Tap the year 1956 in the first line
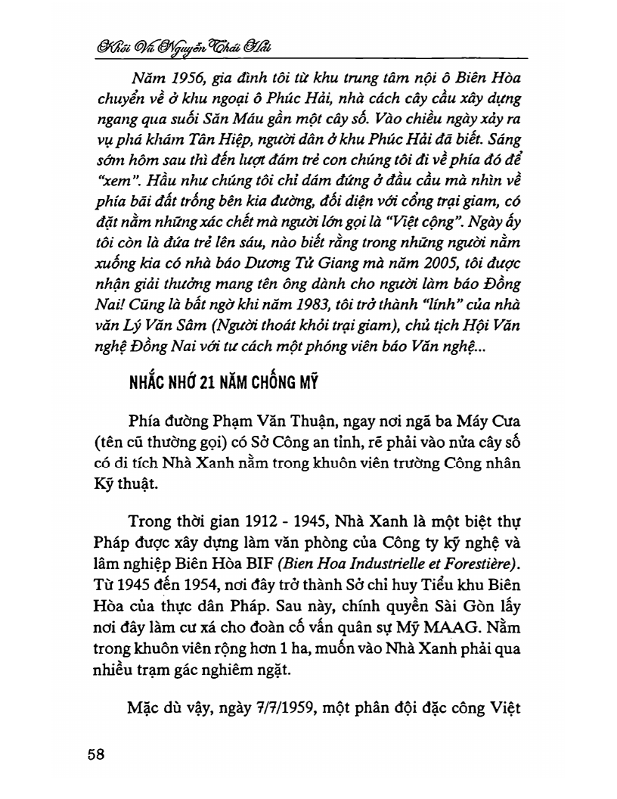pos(191,78)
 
